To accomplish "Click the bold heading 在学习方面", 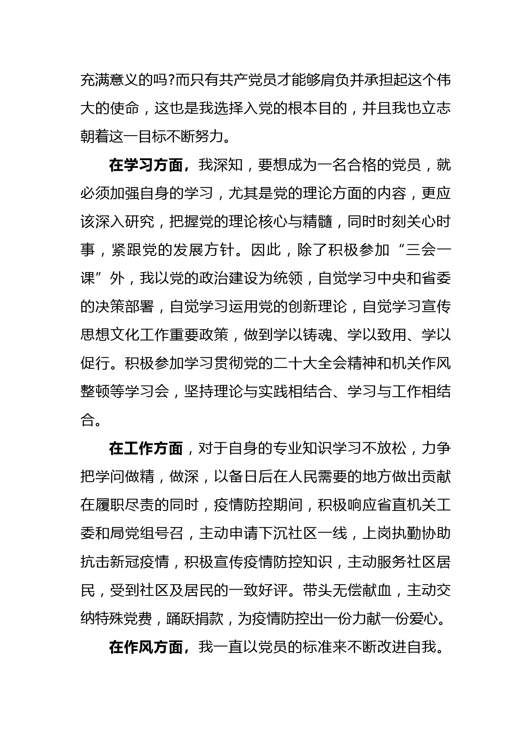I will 146,165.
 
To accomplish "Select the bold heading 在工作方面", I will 146,449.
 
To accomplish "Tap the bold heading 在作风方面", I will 146,647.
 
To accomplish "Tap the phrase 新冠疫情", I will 140,562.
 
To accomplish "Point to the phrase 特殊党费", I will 124,619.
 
